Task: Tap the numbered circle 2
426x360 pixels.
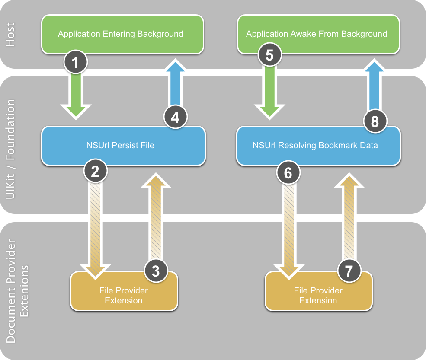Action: point(96,172)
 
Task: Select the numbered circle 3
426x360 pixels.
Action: point(156,271)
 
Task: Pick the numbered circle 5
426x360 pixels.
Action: point(269,55)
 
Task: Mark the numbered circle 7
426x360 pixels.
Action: point(349,271)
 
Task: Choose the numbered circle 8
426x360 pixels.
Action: point(375,121)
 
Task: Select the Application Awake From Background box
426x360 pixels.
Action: point(317,34)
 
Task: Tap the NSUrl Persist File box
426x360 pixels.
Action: point(123,146)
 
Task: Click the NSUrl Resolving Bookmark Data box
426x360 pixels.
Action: point(318,146)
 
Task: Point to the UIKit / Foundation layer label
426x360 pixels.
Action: point(12,149)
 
